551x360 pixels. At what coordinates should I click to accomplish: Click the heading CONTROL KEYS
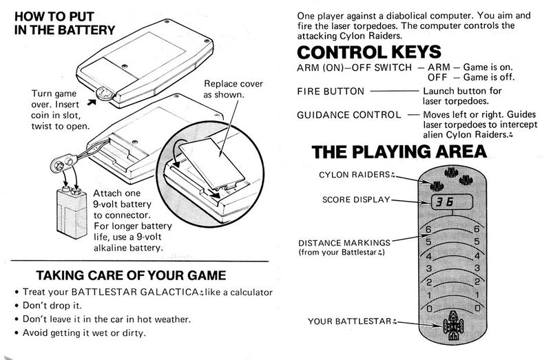[369, 52]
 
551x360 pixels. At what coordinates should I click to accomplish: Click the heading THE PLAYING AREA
[399, 151]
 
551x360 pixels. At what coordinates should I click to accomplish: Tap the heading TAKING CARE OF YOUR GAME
[131, 275]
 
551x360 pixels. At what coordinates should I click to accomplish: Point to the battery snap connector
[63, 164]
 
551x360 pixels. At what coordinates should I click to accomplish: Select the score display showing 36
[452, 202]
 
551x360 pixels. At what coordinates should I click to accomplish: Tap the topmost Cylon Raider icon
[451, 172]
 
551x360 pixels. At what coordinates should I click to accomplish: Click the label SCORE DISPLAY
[356, 200]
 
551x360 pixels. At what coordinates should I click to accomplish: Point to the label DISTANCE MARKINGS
[344, 243]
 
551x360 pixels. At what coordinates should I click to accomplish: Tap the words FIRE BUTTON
[331, 92]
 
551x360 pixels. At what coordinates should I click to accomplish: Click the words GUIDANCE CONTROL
[349, 115]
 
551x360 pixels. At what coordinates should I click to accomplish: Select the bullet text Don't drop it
[52, 305]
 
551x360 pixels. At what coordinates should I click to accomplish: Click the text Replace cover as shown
[233, 89]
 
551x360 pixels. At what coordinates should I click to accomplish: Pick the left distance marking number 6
[428, 229]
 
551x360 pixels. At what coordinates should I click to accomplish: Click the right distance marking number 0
[477, 308]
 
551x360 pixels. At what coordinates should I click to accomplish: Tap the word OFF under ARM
[437, 77]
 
